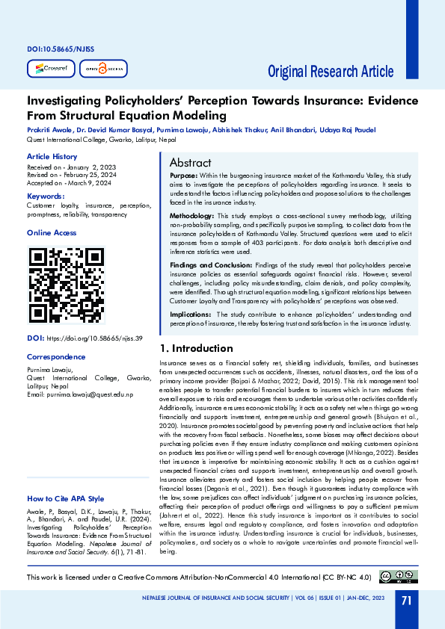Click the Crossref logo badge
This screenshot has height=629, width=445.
pos(49,69)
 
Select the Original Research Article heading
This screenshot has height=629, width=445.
pos(331,72)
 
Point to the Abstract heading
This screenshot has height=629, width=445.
pos(190,163)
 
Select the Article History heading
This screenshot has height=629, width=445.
pos(52,156)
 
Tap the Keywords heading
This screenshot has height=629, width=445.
pos(46,196)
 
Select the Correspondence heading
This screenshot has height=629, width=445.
pos(55,357)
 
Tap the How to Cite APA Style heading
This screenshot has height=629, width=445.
pos(65,498)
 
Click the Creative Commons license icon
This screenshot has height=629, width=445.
pos(397,576)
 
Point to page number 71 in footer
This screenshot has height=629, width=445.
pos(406,601)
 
